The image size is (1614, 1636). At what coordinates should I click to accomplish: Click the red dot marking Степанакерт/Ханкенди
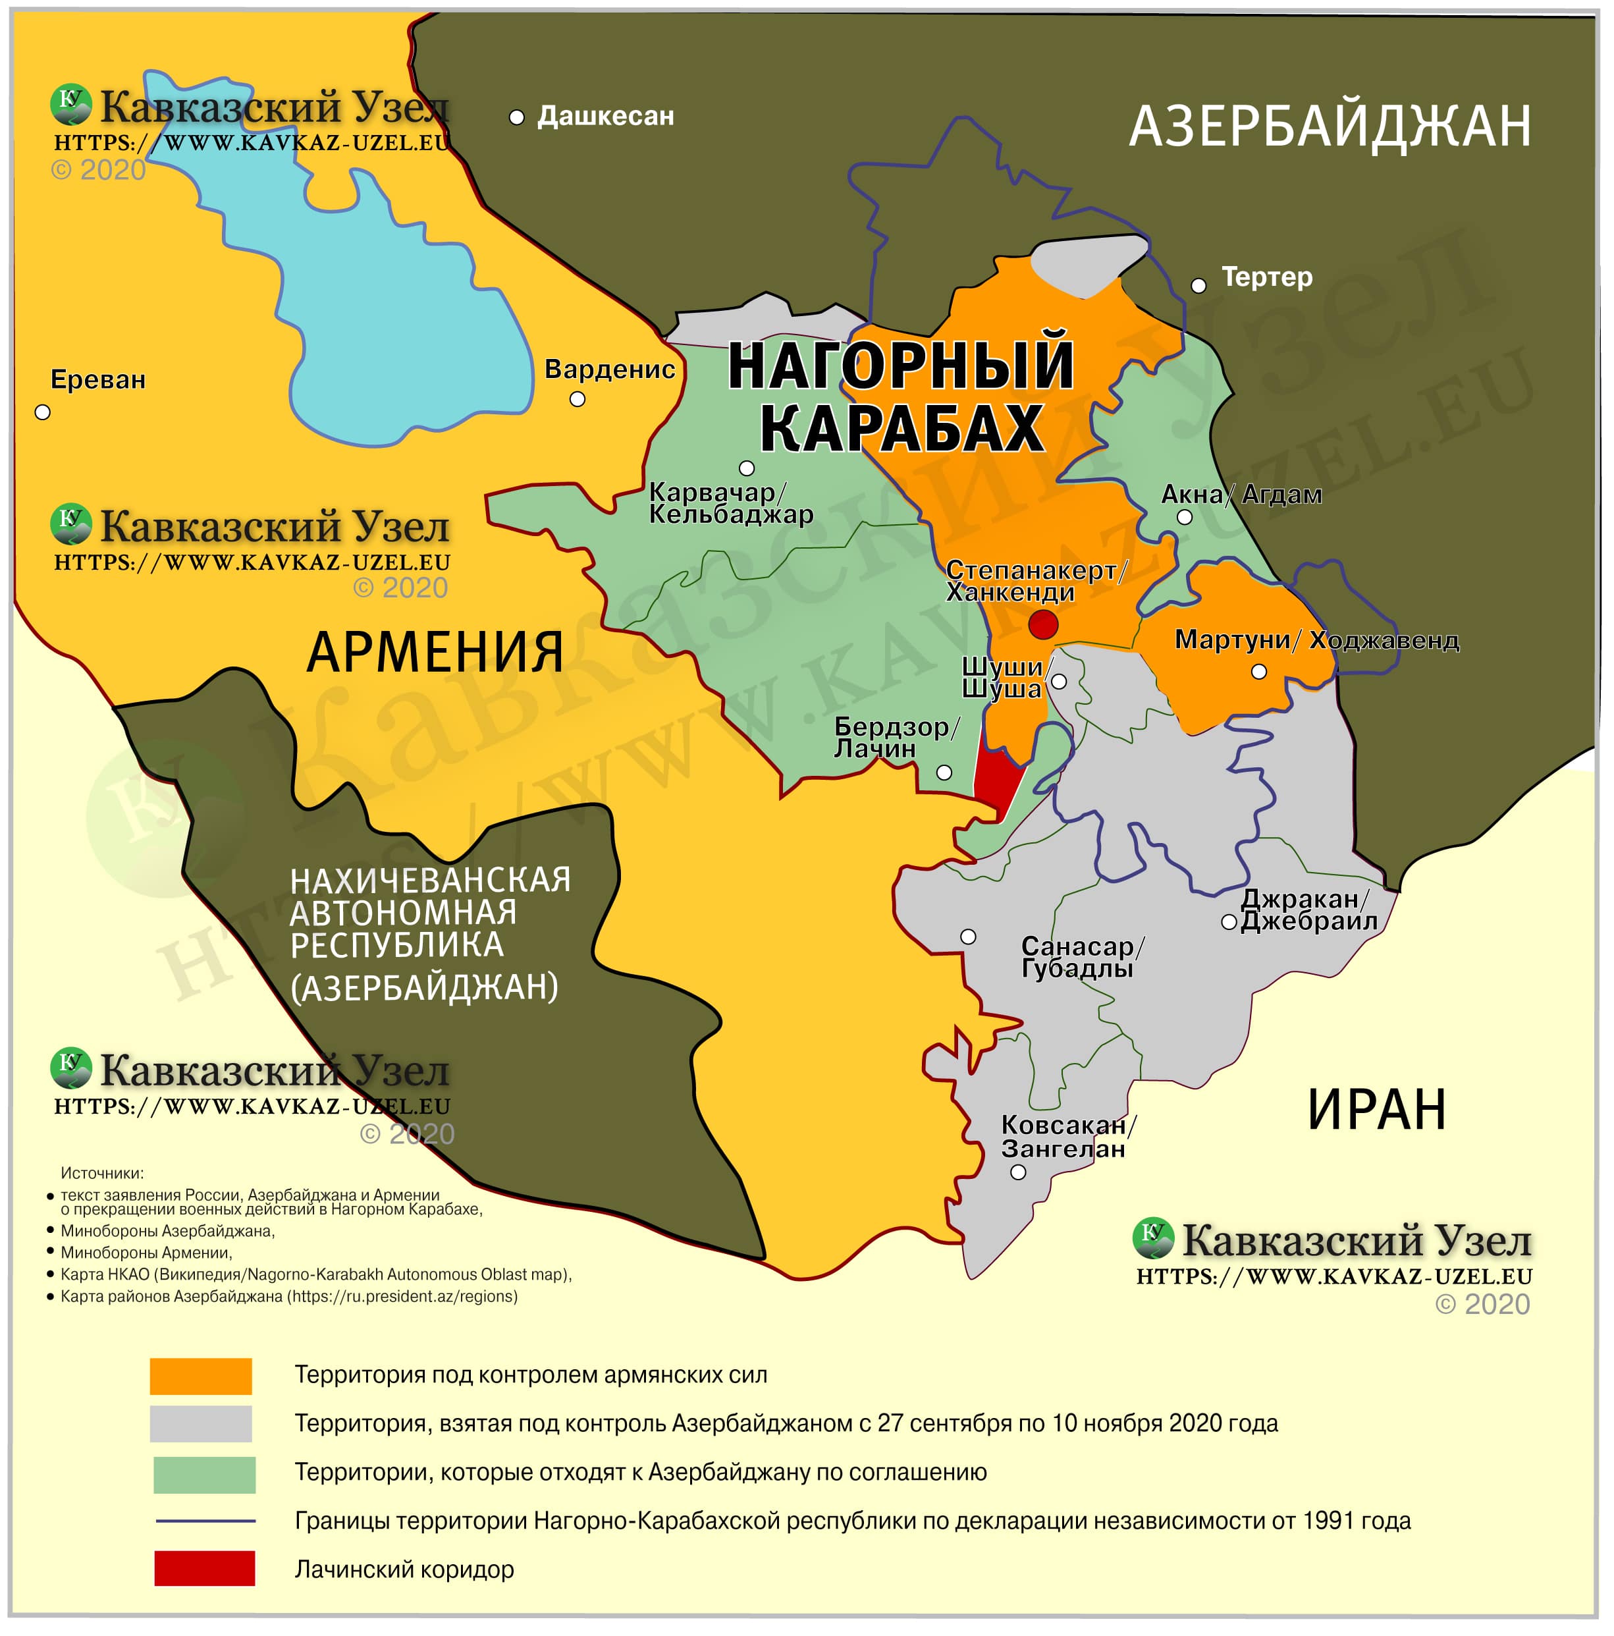1042,625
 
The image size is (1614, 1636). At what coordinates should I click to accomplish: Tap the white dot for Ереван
42,412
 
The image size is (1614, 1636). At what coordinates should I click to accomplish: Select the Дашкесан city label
605,116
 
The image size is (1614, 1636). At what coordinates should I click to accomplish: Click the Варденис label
609,369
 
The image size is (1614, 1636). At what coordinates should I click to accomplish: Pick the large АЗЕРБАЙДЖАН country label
1330,127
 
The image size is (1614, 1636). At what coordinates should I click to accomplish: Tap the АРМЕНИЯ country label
435,652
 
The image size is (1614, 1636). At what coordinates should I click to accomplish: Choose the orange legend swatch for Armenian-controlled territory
201,1376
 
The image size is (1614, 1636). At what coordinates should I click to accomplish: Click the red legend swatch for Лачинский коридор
204,1568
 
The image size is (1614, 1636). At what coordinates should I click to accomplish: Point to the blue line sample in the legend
205,1521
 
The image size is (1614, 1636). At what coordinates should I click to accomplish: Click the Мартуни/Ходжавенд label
1316,640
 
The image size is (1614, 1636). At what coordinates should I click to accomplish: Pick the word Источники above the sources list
101,1173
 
